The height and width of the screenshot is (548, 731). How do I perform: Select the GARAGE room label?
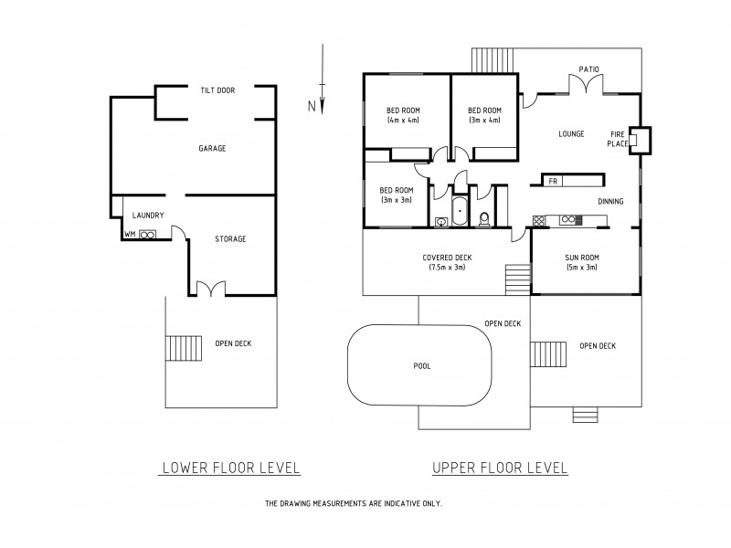tap(212, 148)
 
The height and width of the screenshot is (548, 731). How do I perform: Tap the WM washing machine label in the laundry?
tap(130, 234)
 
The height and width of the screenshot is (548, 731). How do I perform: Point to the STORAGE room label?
tap(230, 239)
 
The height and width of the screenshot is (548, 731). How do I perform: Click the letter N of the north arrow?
tap(312, 107)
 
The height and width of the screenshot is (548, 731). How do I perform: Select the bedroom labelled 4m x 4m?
tap(402, 114)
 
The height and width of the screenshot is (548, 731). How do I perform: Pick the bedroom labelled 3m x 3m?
tap(396, 195)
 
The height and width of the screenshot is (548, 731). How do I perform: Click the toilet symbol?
tap(484, 217)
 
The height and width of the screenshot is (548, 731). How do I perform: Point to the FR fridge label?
tap(553, 181)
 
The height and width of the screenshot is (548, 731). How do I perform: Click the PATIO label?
tap(589, 68)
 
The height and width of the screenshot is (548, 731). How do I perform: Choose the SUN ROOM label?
tap(581, 261)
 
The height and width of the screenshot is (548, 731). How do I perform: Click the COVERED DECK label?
tap(447, 261)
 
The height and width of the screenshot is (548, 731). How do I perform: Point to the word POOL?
tap(421, 365)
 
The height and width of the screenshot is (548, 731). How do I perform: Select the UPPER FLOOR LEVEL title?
tap(500, 468)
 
